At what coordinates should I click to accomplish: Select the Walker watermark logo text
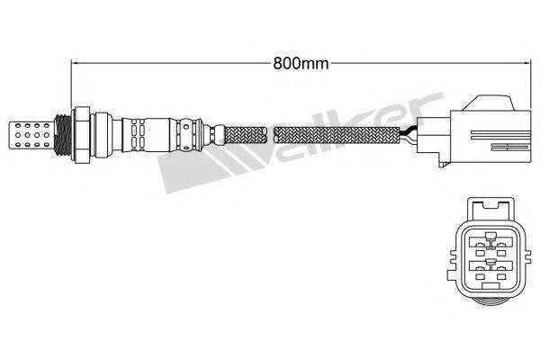[x=297, y=135]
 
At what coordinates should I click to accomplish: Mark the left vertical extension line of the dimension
[x=71, y=85]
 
